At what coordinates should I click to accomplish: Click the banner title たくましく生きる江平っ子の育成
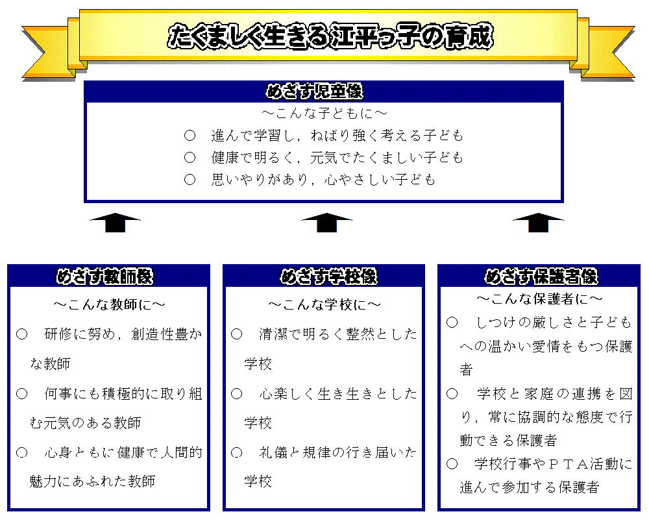[x=330, y=36]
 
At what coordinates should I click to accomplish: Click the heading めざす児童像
[x=315, y=91]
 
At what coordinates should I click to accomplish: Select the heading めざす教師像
[x=104, y=276]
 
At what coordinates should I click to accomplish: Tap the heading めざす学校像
[x=328, y=276]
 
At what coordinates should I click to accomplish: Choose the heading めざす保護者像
[x=541, y=276]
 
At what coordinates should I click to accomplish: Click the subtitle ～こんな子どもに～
[x=324, y=113]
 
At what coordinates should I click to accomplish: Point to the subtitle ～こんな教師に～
[x=109, y=304]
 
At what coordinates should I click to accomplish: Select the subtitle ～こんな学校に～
[x=324, y=304]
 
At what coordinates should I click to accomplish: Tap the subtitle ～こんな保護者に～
[x=540, y=299]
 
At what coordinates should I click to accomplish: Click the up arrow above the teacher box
[x=115, y=223]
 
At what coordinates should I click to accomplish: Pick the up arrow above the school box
[x=326, y=223]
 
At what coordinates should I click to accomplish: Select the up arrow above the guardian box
[x=538, y=223]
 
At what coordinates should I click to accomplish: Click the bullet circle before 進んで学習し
[x=190, y=136]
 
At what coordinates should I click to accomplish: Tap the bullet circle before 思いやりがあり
[x=190, y=179]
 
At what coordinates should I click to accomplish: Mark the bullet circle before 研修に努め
[x=21, y=334]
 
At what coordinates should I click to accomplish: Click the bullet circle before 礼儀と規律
[x=236, y=452]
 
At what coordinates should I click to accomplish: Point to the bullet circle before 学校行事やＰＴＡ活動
[x=452, y=463]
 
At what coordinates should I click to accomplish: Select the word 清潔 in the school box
[x=273, y=334]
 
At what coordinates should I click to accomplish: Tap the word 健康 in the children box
[x=225, y=157]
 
